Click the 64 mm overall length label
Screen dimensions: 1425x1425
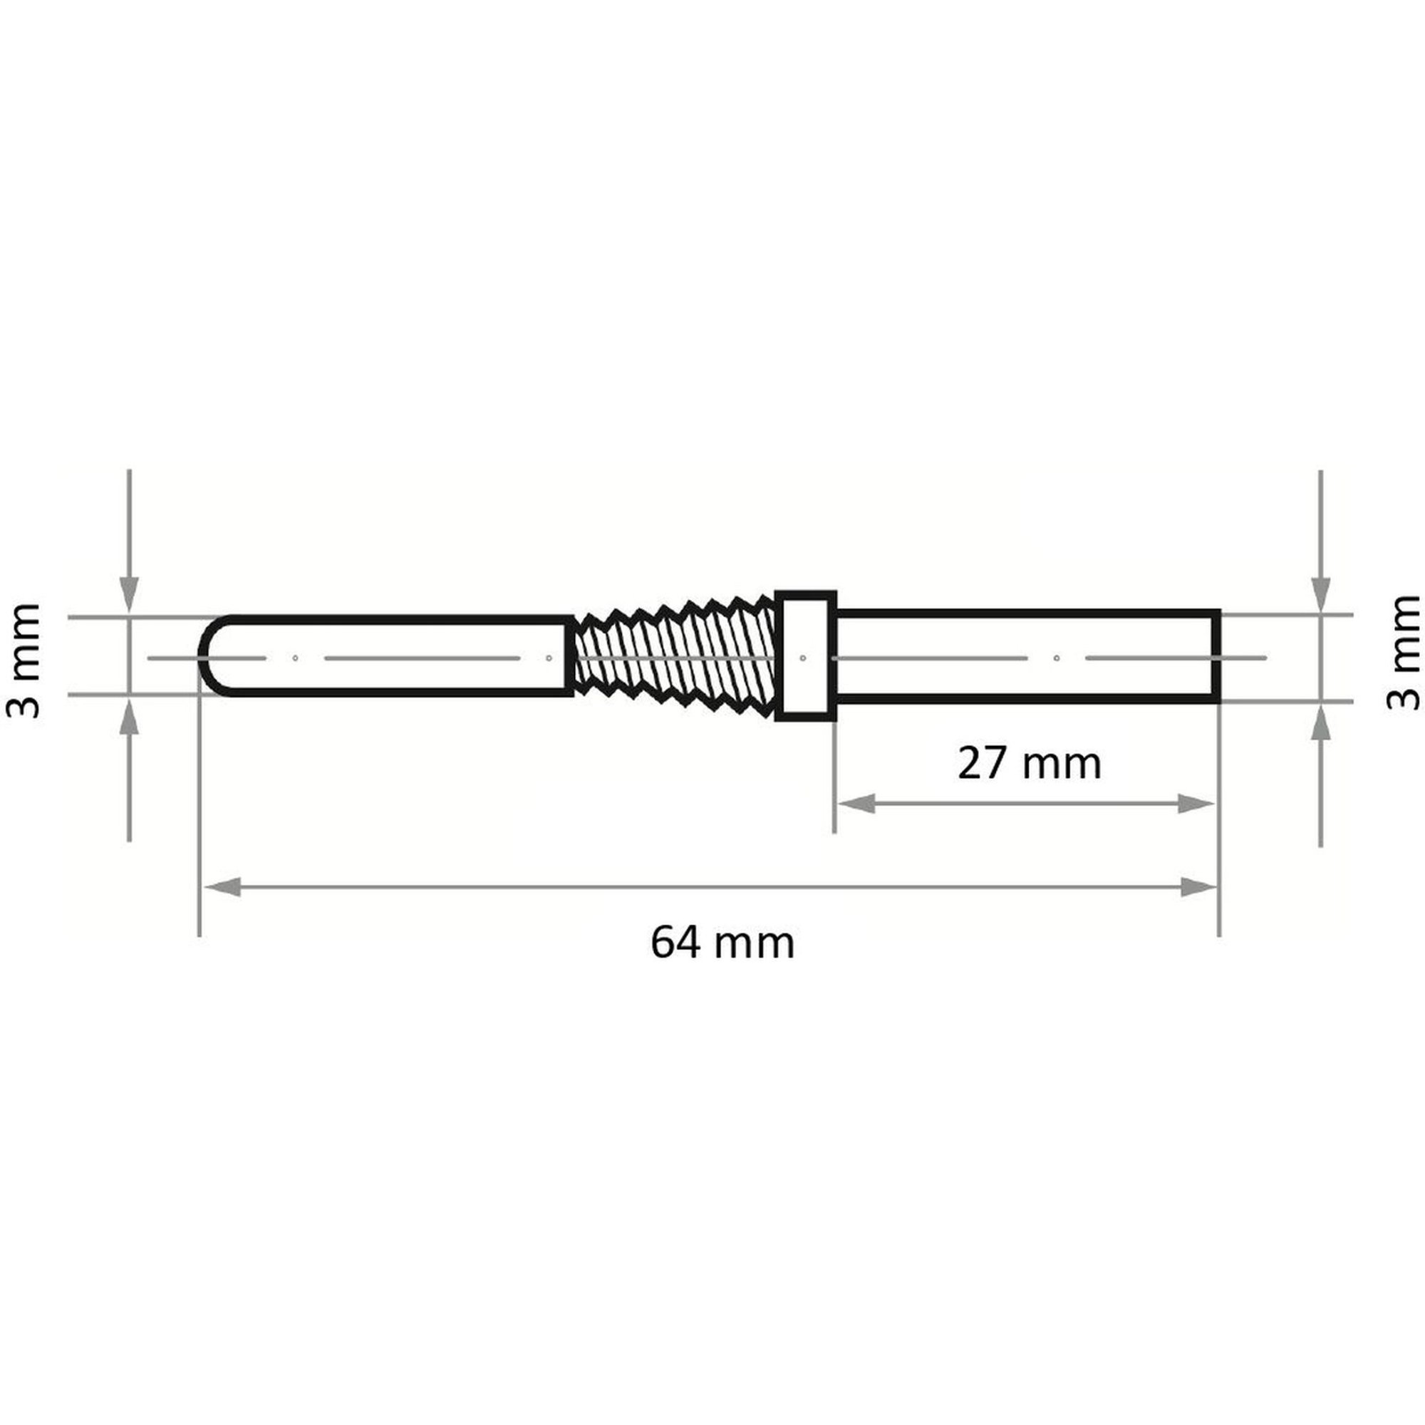point(722,943)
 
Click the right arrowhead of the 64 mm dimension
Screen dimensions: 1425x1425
point(1198,887)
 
